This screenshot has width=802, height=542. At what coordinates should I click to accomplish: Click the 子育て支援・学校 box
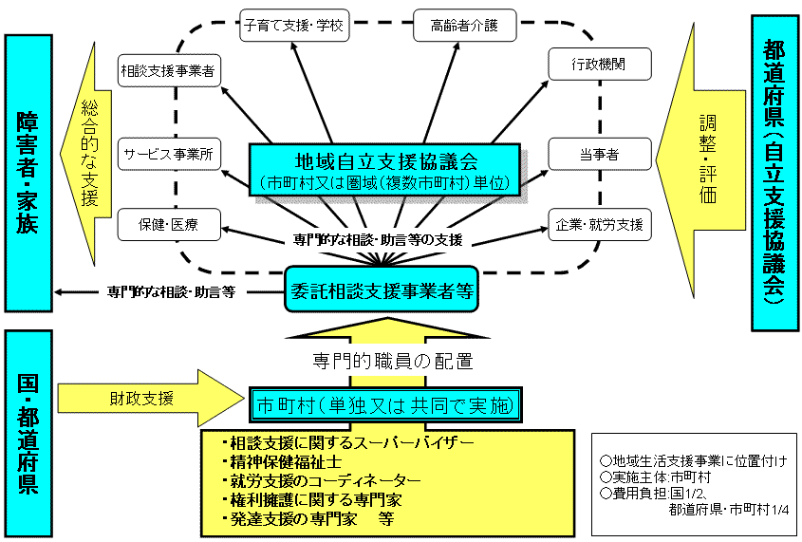293,26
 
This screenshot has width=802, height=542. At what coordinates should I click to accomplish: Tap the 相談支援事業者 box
167,69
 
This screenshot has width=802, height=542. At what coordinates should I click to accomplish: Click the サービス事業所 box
168,152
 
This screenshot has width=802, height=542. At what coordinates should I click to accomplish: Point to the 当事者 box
599,154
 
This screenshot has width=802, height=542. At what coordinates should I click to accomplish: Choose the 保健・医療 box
168,225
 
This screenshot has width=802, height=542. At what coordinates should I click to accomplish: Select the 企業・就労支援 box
599,225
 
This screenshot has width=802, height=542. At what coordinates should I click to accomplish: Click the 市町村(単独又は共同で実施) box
386,406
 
